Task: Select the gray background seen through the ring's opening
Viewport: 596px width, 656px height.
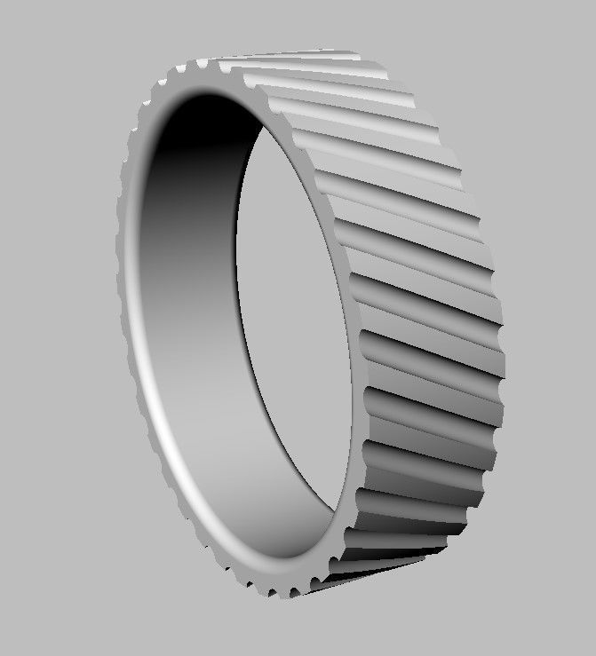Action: [293, 311]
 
